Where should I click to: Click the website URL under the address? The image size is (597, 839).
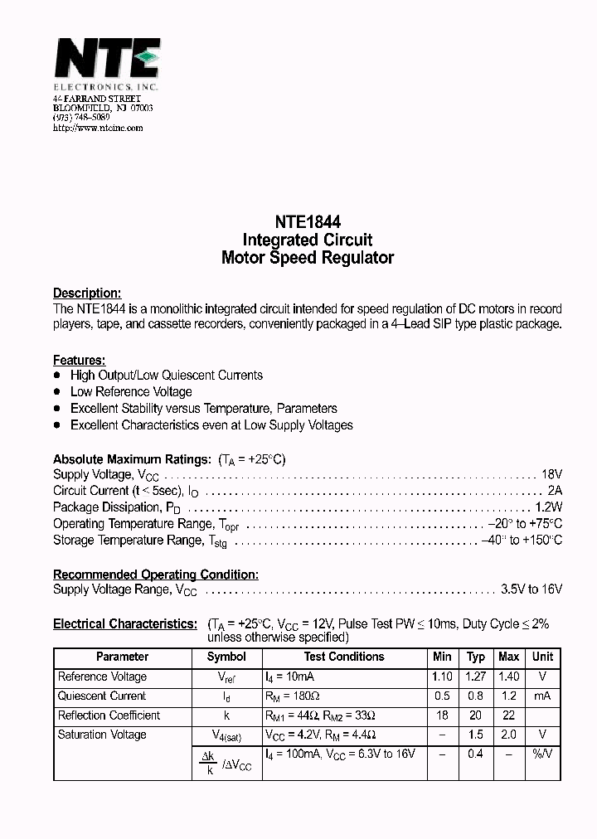coord(98,128)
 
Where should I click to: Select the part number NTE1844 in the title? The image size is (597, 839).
coord(307,223)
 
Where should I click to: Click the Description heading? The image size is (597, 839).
coord(87,293)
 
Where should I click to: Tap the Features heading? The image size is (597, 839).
coord(79,360)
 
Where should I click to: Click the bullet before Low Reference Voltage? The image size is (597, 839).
coord(57,391)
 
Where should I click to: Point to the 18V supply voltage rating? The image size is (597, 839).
coord(551,474)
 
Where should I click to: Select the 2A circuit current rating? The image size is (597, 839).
coord(555,491)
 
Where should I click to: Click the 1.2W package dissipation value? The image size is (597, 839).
coord(548,507)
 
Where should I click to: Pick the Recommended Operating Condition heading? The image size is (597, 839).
coord(156,574)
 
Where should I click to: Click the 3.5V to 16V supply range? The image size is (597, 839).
coord(531,589)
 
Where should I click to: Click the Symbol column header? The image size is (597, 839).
coord(226,657)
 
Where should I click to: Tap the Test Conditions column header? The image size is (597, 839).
coord(345,657)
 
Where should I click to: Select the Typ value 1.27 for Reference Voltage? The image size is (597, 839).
coord(476,677)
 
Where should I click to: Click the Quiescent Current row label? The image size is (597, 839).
coord(102,696)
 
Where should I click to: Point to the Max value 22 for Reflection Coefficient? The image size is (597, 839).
coord(508,715)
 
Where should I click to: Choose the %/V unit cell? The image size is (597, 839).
coord(542,754)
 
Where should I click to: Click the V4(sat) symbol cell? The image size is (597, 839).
coord(226,735)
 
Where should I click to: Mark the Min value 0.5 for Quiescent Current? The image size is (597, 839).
coord(442,696)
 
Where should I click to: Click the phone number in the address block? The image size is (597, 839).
coord(81,118)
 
